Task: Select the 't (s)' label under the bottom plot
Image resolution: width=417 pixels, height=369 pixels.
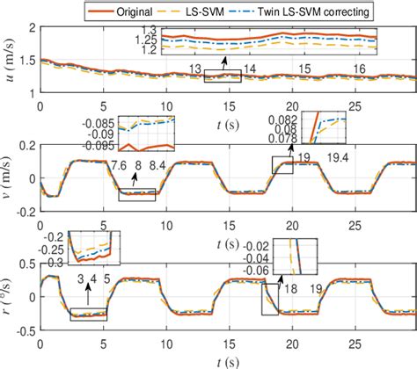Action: (228, 361)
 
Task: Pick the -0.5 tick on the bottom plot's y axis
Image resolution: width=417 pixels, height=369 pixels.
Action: (24, 331)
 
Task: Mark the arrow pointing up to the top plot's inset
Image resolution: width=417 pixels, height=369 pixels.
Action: (223, 67)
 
